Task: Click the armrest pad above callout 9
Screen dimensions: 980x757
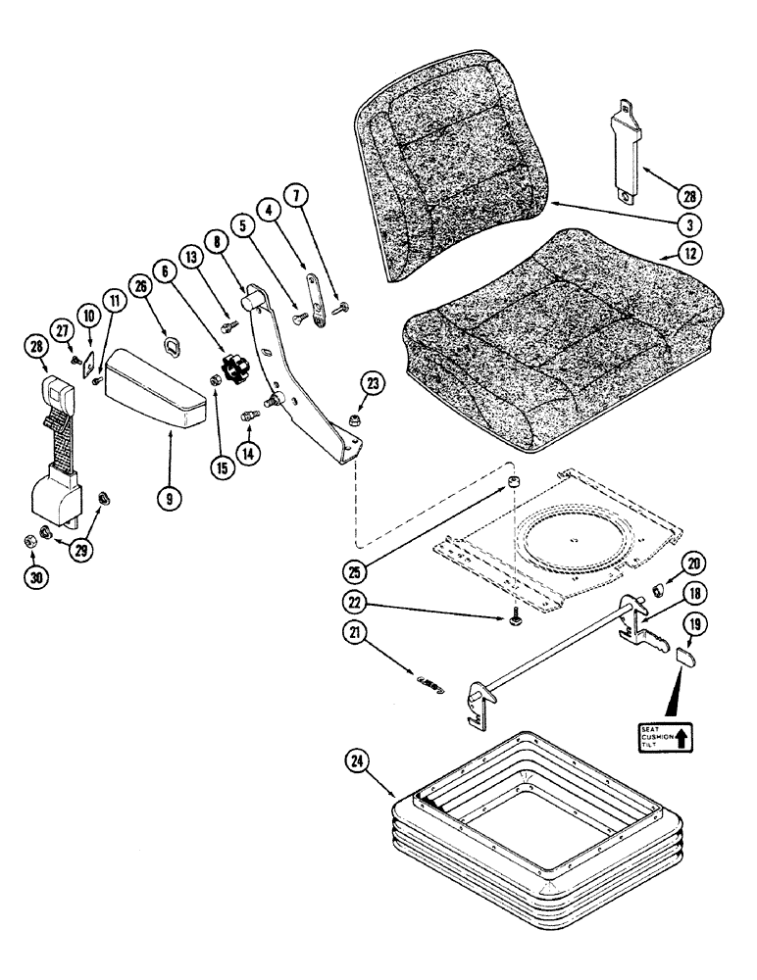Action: [157, 389]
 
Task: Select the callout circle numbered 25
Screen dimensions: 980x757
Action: [358, 568]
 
